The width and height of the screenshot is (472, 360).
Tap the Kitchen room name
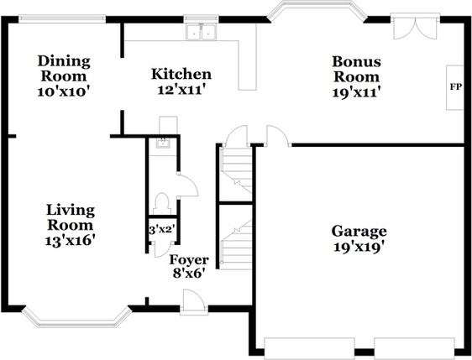pyautogui.click(x=181, y=75)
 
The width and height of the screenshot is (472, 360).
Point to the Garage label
pyautogui.click(x=359, y=231)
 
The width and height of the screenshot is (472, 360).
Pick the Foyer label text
pyautogui.click(x=189, y=259)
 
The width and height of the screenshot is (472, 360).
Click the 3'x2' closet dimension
pyautogui.click(x=160, y=229)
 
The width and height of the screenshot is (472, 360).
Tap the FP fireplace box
pyautogui.click(x=456, y=87)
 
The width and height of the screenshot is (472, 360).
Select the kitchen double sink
pyautogui.click(x=201, y=34)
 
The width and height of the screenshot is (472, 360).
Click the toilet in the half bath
pyautogui.click(x=163, y=202)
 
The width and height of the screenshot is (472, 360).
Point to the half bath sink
pyautogui.click(x=165, y=143)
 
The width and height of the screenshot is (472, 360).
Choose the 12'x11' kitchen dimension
pyautogui.click(x=181, y=91)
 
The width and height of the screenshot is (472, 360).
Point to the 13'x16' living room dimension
pyautogui.click(x=71, y=240)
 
